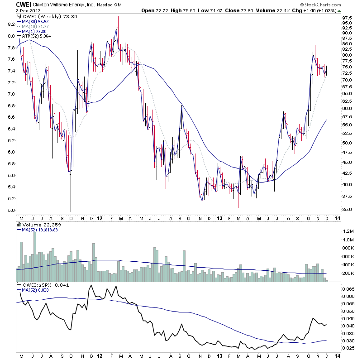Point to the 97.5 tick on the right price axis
347,18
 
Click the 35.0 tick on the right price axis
347,210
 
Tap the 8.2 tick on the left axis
10,24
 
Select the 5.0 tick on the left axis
10,211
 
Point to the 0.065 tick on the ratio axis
348,288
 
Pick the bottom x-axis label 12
100,356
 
